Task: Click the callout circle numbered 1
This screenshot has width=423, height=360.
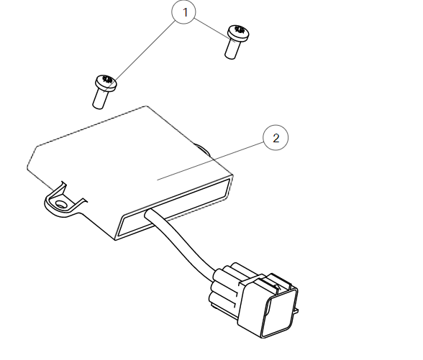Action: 185,12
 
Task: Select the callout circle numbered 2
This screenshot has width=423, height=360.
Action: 276,138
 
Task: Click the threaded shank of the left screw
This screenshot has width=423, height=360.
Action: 101,98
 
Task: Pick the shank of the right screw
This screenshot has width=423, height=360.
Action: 231,49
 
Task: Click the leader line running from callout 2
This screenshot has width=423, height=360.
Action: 216,158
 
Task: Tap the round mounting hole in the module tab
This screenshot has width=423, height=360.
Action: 61,204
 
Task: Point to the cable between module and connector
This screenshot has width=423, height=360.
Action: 183,248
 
